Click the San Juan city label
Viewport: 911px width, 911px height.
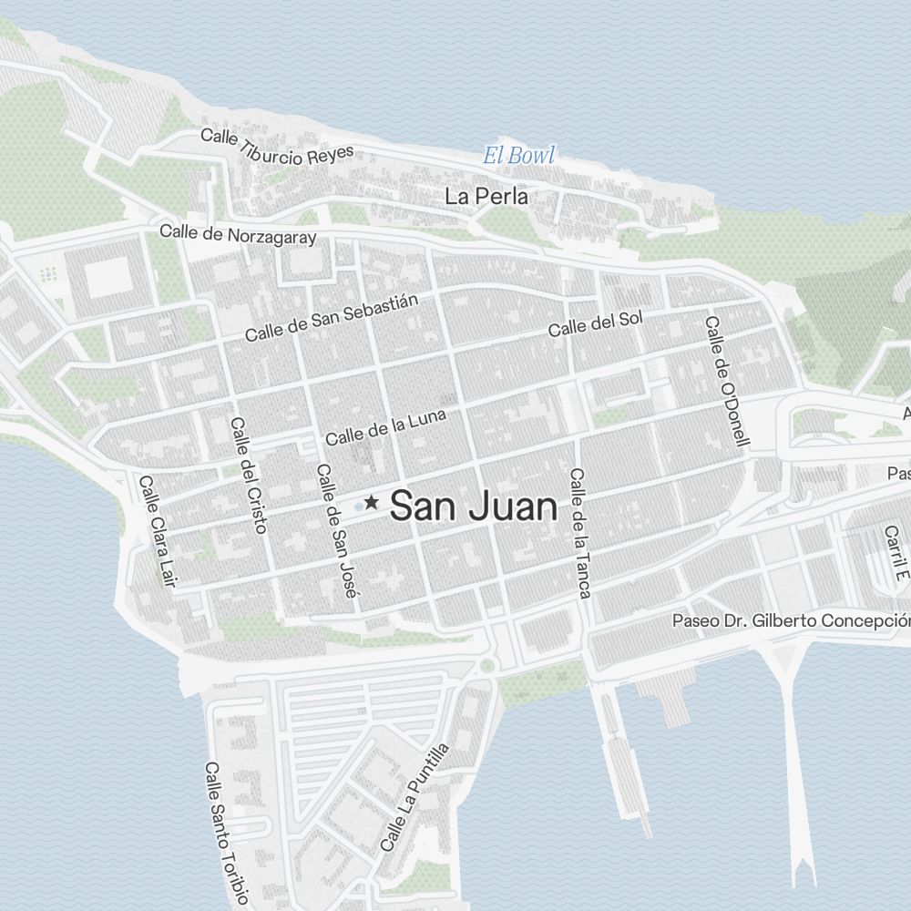[473, 507]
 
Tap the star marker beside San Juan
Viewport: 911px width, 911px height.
[372, 502]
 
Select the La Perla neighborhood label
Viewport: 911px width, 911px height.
[486, 196]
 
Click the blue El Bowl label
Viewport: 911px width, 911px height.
[518, 156]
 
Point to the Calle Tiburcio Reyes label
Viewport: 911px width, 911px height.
[276, 146]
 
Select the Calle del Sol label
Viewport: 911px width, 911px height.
[595, 323]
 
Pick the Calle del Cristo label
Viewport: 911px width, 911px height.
[247, 474]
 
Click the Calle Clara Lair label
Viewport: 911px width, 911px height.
[156, 530]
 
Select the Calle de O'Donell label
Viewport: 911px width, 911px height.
[726, 381]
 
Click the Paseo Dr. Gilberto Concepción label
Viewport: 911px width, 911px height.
[791, 621]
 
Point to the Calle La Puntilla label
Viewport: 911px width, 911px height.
[415, 797]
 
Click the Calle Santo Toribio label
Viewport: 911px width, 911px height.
[226, 834]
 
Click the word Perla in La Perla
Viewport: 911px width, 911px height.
[500, 196]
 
